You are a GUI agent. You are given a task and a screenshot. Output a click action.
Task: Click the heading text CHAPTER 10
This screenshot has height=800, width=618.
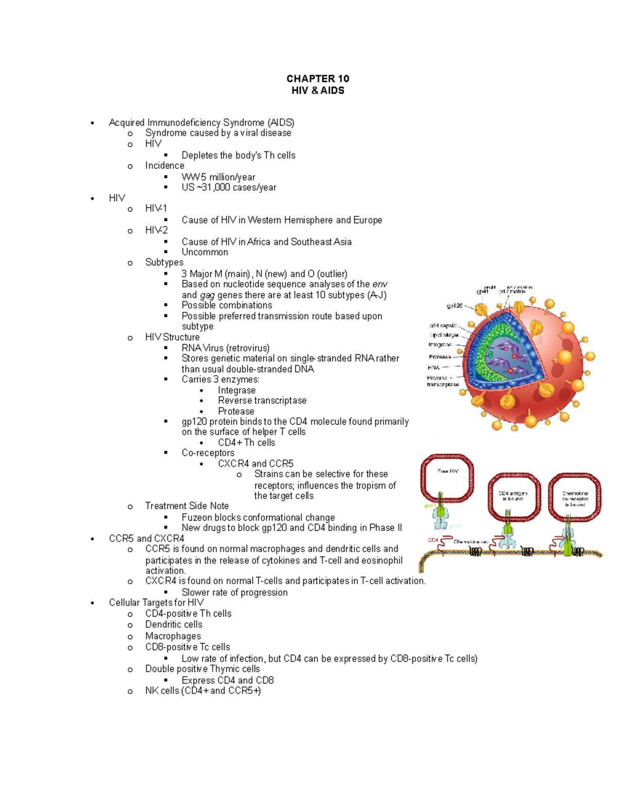[x=318, y=79]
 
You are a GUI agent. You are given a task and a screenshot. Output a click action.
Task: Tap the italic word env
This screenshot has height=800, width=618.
[x=380, y=284]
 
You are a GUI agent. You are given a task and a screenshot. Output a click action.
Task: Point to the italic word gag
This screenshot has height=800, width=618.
[x=207, y=295]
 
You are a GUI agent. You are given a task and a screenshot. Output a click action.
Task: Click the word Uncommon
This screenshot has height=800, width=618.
[x=204, y=252]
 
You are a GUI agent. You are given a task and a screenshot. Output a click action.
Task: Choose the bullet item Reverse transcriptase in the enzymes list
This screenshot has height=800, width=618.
[x=262, y=401]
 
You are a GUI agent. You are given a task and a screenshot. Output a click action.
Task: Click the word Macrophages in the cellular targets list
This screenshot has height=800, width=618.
[x=173, y=636]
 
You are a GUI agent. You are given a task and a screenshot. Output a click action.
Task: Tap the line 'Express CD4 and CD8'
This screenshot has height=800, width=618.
[x=227, y=680]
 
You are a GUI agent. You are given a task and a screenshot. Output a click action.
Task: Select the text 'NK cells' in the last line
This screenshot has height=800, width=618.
[x=162, y=691]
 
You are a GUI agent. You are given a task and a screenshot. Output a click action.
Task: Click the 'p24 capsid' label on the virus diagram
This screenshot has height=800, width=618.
[x=443, y=326]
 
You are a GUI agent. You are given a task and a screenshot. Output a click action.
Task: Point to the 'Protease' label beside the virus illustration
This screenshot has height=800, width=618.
[x=440, y=356]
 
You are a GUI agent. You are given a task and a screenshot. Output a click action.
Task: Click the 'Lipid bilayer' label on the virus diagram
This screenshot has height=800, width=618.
[x=444, y=335]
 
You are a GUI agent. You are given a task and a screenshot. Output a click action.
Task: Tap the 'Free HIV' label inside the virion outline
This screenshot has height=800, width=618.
[x=448, y=471]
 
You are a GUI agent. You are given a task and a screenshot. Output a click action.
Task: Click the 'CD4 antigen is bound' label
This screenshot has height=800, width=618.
[x=512, y=496]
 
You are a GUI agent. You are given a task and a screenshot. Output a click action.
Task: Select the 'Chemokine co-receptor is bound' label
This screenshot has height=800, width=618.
[x=575, y=498]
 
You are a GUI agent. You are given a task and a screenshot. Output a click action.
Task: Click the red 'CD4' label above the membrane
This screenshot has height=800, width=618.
[x=433, y=540]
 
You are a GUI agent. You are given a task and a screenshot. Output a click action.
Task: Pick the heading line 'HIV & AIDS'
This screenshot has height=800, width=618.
[x=318, y=91]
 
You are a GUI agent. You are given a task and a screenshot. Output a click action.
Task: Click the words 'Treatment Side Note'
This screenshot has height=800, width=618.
[x=186, y=506]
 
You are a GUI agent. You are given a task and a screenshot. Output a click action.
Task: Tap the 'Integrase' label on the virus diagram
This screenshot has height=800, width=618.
[x=440, y=345]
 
